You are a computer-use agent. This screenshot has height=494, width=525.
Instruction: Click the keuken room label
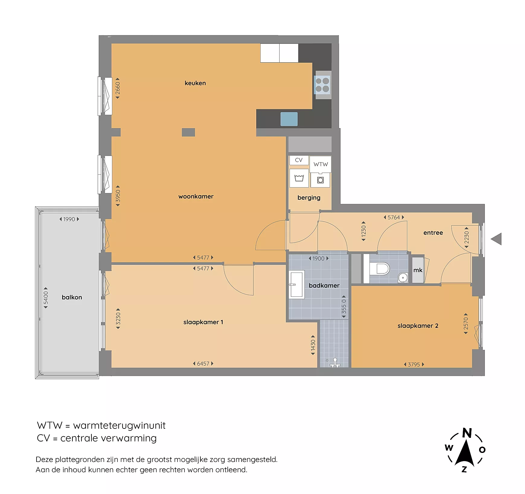coord(195,83)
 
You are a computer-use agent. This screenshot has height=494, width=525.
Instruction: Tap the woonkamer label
coord(196,196)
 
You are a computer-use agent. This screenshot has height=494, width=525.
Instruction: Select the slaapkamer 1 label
coord(203,322)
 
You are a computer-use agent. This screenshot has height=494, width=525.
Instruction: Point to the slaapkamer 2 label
coord(418,326)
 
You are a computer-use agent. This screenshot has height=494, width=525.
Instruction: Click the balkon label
coord(72,297)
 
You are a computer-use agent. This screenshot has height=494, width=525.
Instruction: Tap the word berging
coord(309,198)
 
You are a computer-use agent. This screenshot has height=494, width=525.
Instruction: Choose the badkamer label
coord(324,286)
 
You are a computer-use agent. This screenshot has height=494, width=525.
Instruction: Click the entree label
coord(433,233)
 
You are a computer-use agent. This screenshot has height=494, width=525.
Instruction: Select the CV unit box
coord(299,160)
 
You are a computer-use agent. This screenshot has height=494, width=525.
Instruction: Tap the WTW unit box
coord(320,164)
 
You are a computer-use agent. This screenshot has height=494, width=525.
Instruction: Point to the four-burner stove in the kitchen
coord(322,85)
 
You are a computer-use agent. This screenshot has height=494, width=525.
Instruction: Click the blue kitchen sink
coord(289,119)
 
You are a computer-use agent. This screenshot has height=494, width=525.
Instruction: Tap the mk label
coord(418,270)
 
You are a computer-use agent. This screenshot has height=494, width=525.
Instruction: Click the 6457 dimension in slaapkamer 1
coord(203,364)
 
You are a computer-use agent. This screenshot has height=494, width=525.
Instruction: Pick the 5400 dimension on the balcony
coord(46,298)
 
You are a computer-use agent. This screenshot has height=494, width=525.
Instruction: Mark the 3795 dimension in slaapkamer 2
coord(414,365)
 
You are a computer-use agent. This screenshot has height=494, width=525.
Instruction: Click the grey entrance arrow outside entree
coord(496,239)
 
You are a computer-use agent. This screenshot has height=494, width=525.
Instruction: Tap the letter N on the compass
coord(467,433)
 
